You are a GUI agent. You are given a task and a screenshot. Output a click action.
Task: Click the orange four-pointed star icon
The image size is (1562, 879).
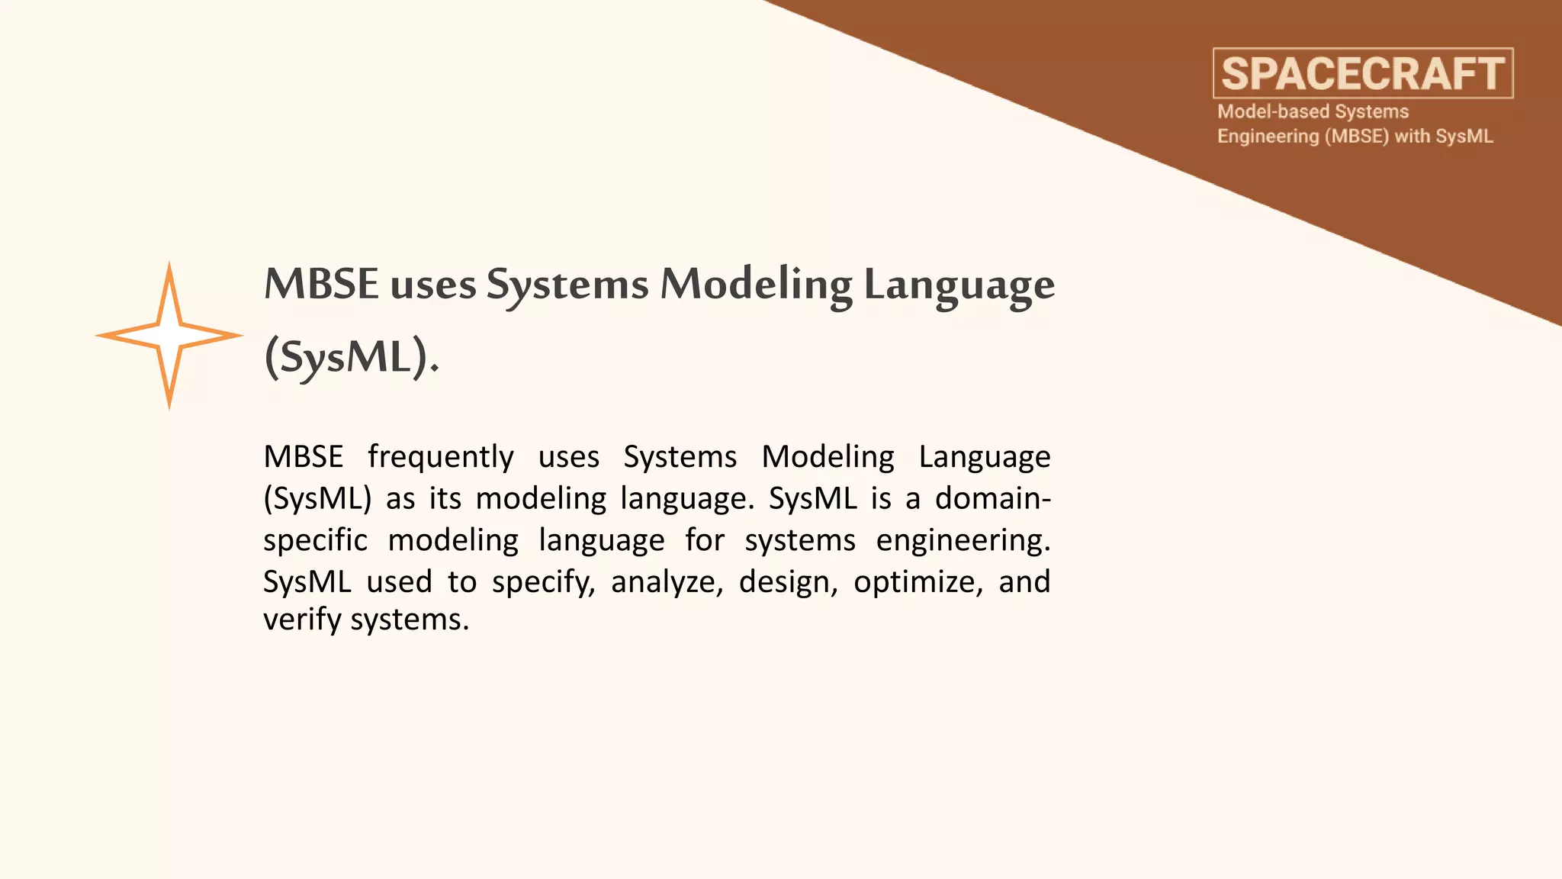pos(169,336)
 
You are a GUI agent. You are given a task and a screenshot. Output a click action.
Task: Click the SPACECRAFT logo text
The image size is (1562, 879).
pos(1363,74)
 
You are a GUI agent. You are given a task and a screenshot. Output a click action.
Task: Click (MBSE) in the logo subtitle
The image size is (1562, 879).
pos(1357,137)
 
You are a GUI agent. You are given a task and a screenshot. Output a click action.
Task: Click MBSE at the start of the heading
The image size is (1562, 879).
pos(321,284)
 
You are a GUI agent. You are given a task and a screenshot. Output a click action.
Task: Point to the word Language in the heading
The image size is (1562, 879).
pos(959,285)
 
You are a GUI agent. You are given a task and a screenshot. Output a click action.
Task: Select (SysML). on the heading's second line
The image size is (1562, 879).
pos(352,357)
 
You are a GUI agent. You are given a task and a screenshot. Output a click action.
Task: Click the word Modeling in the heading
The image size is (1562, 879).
pos(756,285)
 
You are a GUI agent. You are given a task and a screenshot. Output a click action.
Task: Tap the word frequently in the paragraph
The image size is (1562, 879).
pos(441,458)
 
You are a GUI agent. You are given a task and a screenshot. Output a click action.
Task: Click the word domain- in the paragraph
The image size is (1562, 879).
pos(993,499)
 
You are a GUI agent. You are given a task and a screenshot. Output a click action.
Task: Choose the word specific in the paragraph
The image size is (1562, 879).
pos(315,541)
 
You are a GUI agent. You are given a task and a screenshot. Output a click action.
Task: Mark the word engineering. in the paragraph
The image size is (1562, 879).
pos(963,541)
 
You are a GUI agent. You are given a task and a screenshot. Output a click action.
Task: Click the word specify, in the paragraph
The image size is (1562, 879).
pos(543,583)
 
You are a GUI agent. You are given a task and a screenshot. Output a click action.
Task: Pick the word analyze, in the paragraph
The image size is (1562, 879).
pos(667,583)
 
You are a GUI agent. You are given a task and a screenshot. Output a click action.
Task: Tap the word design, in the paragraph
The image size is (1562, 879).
pos(788,583)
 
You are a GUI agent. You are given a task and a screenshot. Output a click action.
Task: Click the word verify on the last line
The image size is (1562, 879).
pos(302,620)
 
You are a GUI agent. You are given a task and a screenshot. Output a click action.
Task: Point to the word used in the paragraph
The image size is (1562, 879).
pos(399,583)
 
